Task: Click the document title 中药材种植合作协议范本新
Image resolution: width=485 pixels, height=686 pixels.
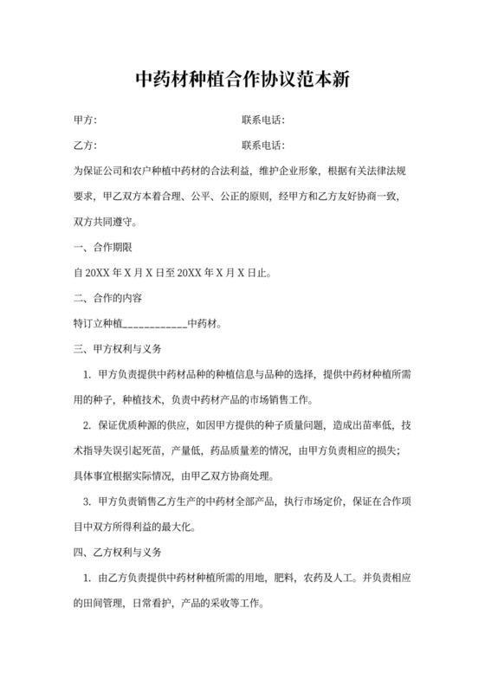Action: (x=242, y=80)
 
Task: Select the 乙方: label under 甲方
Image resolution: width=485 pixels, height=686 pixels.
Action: (x=85, y=146)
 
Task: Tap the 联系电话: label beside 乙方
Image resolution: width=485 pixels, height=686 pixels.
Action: (x=264, y=146)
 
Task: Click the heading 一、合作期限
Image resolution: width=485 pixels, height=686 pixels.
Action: (x=103, y=248)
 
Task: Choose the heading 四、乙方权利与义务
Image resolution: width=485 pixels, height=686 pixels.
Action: (x=119, y=552)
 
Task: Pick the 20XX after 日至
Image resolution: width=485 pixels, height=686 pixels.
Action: (x=190, y=274)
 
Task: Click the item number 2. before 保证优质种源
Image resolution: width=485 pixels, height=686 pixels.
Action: (x=87, y=425)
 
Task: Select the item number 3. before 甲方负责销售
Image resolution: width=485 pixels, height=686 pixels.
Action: (x=87, y=501)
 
